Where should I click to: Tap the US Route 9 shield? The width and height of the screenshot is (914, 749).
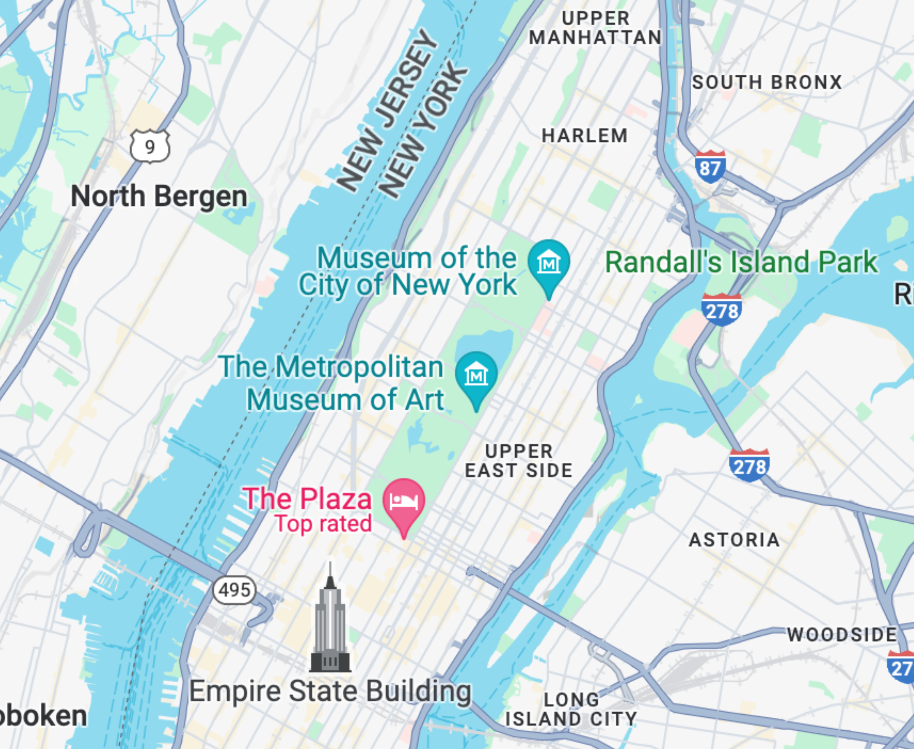pos(150,147)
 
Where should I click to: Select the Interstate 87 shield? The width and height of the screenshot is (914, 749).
pos(710,167)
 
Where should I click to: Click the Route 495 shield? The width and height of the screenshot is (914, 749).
pos(234,589)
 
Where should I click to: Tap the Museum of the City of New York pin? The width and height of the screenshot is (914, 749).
pos(548,264)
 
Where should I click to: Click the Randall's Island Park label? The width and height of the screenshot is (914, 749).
pos(741,262)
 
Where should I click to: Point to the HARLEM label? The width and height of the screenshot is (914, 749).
pos(585,136)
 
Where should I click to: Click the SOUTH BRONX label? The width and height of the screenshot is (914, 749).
pos(767,82)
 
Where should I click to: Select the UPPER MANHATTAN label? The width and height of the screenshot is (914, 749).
pos(595,28)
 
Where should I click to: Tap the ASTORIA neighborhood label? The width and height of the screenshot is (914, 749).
pos(734,540)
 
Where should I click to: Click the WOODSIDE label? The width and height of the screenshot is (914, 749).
pos(842,634)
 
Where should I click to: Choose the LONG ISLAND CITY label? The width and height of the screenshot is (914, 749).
pos(571,709)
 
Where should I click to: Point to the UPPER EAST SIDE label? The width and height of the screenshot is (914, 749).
pos(518,461)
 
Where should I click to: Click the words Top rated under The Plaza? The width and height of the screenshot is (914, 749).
pos(323,524)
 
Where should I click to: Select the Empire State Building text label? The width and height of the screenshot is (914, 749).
pos(330,691)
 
